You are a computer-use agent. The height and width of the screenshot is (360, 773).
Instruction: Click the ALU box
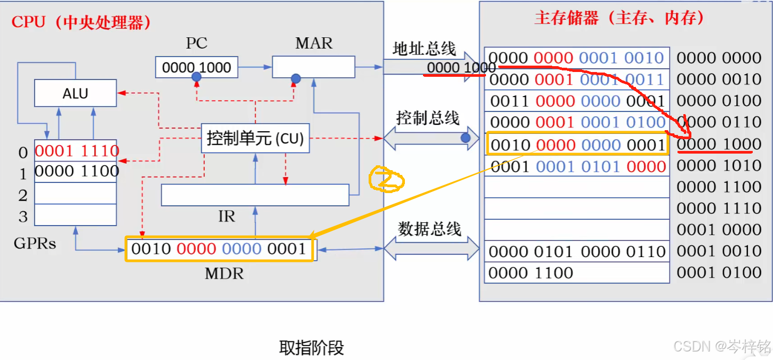click(75, 93)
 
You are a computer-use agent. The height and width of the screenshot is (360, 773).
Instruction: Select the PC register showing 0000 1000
click(196, 67)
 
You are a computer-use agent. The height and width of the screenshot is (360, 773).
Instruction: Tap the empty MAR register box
click(313, 67)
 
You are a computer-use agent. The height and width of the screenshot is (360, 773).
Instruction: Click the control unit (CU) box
click(255, 139)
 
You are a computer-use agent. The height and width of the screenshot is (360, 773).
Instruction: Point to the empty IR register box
click(255, 195)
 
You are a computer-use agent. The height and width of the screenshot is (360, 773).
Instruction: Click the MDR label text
click(224, 274)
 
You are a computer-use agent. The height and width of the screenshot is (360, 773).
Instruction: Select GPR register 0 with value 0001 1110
click(76, 151)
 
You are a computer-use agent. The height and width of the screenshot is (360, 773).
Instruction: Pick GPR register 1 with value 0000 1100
click(76, 172)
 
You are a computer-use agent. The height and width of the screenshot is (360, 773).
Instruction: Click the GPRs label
click(35, 244)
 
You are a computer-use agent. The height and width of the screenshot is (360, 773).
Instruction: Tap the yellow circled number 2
click(387, 180)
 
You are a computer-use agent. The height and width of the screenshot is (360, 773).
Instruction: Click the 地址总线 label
click(424, 49)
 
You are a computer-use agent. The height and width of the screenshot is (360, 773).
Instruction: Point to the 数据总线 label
click(429, 229)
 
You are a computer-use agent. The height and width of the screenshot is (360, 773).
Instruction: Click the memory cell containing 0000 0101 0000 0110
click(577, 252)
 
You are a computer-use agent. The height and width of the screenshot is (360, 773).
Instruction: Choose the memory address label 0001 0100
click(719, 273)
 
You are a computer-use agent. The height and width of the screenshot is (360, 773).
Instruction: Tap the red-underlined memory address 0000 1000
click(719, 145)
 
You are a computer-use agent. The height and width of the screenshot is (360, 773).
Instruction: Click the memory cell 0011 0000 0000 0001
click(577, 101)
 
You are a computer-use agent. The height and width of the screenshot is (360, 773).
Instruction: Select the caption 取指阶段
click(312, 348)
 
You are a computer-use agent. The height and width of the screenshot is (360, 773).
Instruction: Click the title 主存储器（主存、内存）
click(620, 19)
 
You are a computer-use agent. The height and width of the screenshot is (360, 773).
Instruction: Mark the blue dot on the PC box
click(196, 77)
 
